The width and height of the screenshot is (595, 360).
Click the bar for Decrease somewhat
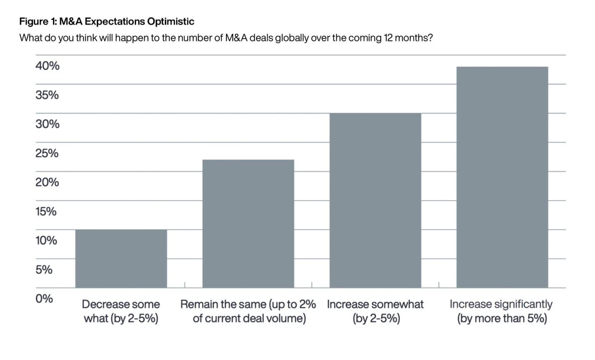tap(121, 259)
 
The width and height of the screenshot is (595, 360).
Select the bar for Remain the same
tap(248, 223)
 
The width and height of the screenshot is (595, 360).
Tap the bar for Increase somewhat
tap(375, 200)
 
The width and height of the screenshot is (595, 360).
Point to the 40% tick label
tap(47, 66)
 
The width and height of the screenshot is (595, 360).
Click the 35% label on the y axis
tap(47, 95)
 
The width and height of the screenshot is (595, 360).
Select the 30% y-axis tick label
tap(47, 124)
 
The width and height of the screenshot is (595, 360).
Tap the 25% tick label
tap(47, 154)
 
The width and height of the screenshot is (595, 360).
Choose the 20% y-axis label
tap(47, 182)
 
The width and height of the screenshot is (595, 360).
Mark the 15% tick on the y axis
tap(46, 211)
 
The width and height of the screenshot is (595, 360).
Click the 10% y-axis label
tap(46, 240)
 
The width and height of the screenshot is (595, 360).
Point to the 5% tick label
tap(44, 270)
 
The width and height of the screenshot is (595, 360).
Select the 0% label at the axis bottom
tap(44, 299)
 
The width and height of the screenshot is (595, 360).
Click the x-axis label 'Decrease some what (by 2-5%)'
tap(121, 311)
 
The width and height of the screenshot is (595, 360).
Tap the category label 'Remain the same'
tap(248, 311)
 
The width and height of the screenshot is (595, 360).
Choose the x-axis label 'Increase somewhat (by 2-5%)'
tap(375, 311)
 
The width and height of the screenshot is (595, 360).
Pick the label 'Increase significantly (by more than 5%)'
tap(501, 311)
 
